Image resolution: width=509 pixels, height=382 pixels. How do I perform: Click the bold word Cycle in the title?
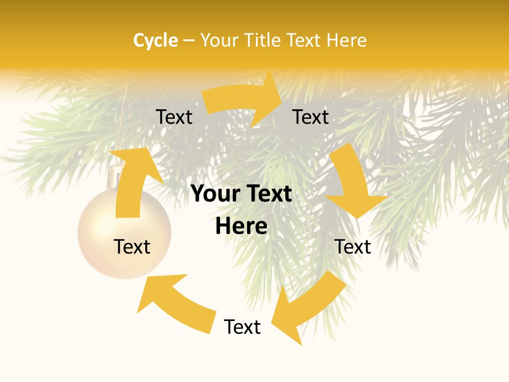pyautogui.click(x=155, y=40)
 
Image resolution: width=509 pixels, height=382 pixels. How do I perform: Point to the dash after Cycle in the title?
pyautogui.click(x=189, y=40)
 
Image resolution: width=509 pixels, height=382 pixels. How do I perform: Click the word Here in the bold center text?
pyautogui.click(x=241, y=226)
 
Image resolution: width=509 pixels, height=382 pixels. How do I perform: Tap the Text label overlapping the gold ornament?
pyautogui.click(x=132, y=247)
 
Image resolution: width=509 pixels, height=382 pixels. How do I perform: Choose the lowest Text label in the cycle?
pyautogui.click(x=242, y=327)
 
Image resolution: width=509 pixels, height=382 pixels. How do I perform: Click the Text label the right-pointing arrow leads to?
pyautogui.click(x=311, y=117)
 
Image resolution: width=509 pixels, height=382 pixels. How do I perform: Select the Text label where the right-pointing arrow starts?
pyautogui.click(x=174, y=117)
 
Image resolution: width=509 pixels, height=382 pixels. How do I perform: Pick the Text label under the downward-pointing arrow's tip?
pyautogui.click(x=353, y=247)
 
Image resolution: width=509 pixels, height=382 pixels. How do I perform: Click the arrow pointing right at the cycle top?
pyautogui.click(x=244, y=101)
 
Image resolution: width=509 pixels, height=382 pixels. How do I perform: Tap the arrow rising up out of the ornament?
pyautogui.click(x=133, y=180)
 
